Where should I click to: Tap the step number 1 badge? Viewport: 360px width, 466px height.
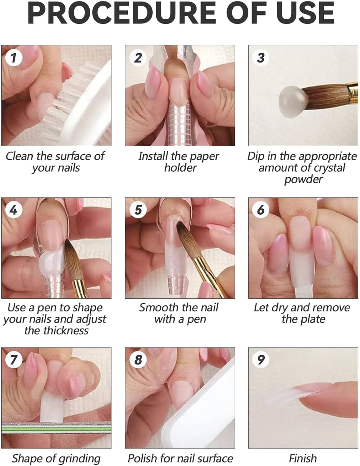tap(14, 58)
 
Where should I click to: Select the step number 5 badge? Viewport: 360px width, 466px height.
tap(138, 210)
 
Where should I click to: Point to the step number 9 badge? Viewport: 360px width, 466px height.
tap(261, 360)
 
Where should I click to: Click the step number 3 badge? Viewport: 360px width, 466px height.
tap(261, 58)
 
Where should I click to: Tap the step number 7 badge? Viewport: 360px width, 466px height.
tap(14, 360)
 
